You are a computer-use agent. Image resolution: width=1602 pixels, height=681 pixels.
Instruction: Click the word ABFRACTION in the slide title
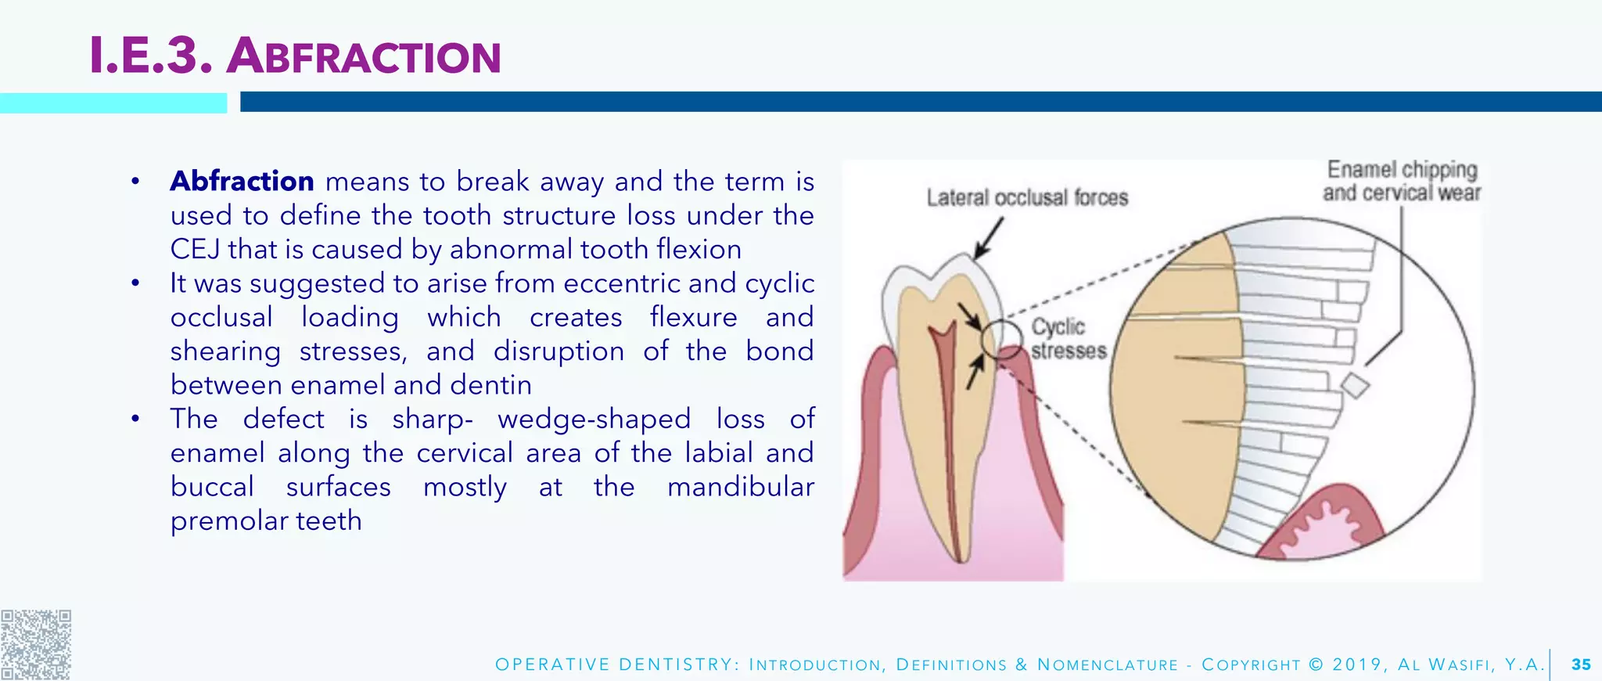point(364,57)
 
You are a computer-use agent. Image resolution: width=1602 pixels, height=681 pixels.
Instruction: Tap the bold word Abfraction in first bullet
point(242,182)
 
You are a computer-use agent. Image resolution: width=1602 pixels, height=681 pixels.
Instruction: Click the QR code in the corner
point(35,644)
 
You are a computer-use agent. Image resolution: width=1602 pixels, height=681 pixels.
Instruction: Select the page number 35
point(1581,665)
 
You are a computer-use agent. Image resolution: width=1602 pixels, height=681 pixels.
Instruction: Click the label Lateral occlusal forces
point(1027,197)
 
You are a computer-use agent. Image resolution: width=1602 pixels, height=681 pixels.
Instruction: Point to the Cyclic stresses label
point(1067,338)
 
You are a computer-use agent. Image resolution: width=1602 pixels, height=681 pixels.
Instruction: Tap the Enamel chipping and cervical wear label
point(1402,181)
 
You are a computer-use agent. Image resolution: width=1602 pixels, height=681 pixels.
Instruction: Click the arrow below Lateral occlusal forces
point(988,238)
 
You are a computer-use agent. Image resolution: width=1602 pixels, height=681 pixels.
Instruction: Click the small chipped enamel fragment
point(1355,385)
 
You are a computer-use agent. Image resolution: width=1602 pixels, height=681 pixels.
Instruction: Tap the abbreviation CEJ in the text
point(196,250)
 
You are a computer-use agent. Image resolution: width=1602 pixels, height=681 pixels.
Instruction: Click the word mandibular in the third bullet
point(740,487)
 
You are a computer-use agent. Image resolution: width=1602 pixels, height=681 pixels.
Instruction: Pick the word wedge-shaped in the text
point(594,419)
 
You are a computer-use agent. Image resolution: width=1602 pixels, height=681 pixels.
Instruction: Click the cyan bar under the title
point(113,103)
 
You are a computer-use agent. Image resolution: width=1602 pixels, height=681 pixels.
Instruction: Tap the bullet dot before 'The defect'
point(135,419)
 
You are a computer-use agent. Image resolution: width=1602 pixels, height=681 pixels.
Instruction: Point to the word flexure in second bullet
point(693,317)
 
